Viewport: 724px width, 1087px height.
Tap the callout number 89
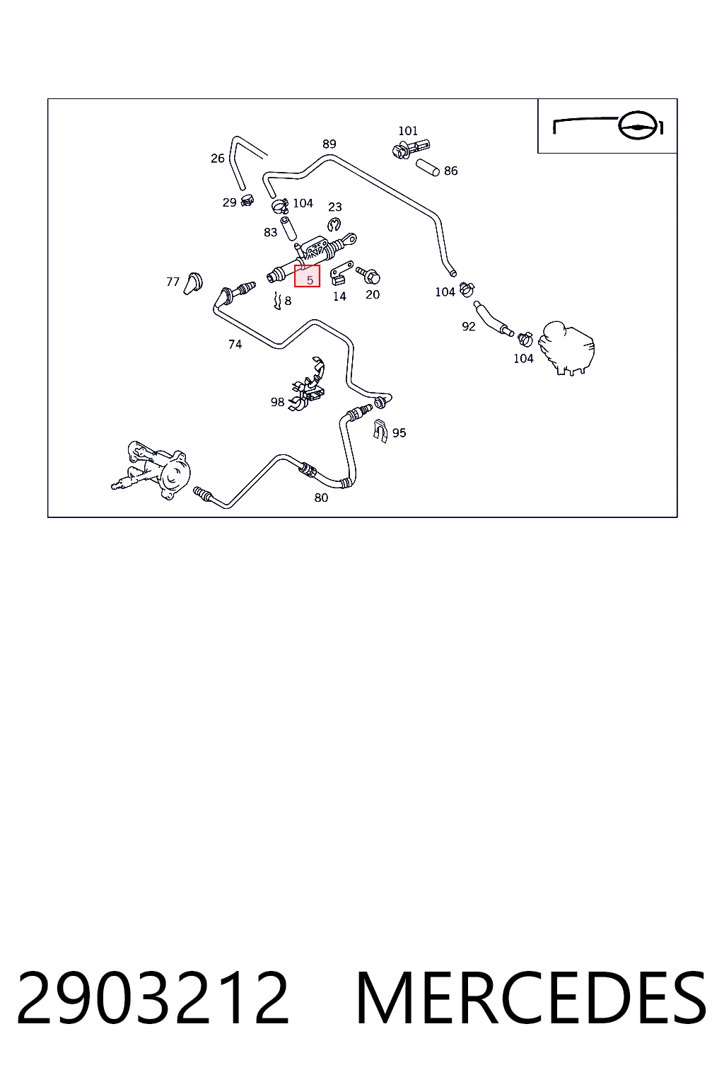coord(329,144)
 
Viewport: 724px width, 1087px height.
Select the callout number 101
coord(408,131)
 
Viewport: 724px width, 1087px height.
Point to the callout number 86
coord(450,171)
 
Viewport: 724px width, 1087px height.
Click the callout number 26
coord(218,159)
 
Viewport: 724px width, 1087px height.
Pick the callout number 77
coord(173,282)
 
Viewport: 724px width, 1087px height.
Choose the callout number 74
coord(235,345)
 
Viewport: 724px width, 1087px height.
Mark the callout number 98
coord(277,402)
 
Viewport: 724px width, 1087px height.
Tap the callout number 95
coord(399,433)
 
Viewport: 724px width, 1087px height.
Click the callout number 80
coord(321,498)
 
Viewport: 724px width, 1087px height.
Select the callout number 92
coord(469,326)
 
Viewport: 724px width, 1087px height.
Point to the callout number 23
coord(335,207)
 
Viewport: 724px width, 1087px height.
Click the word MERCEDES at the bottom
coord(531,999)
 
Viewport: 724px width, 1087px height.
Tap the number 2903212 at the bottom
coord(153,999)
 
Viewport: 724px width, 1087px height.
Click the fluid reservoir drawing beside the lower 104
coord(566,348)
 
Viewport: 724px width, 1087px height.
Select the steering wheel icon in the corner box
coord(638,127)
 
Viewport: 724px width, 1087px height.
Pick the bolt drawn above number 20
coord(368,275)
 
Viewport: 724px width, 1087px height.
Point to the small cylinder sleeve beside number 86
coord(427,168)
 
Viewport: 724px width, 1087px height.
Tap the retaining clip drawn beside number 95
coord(380,431)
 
